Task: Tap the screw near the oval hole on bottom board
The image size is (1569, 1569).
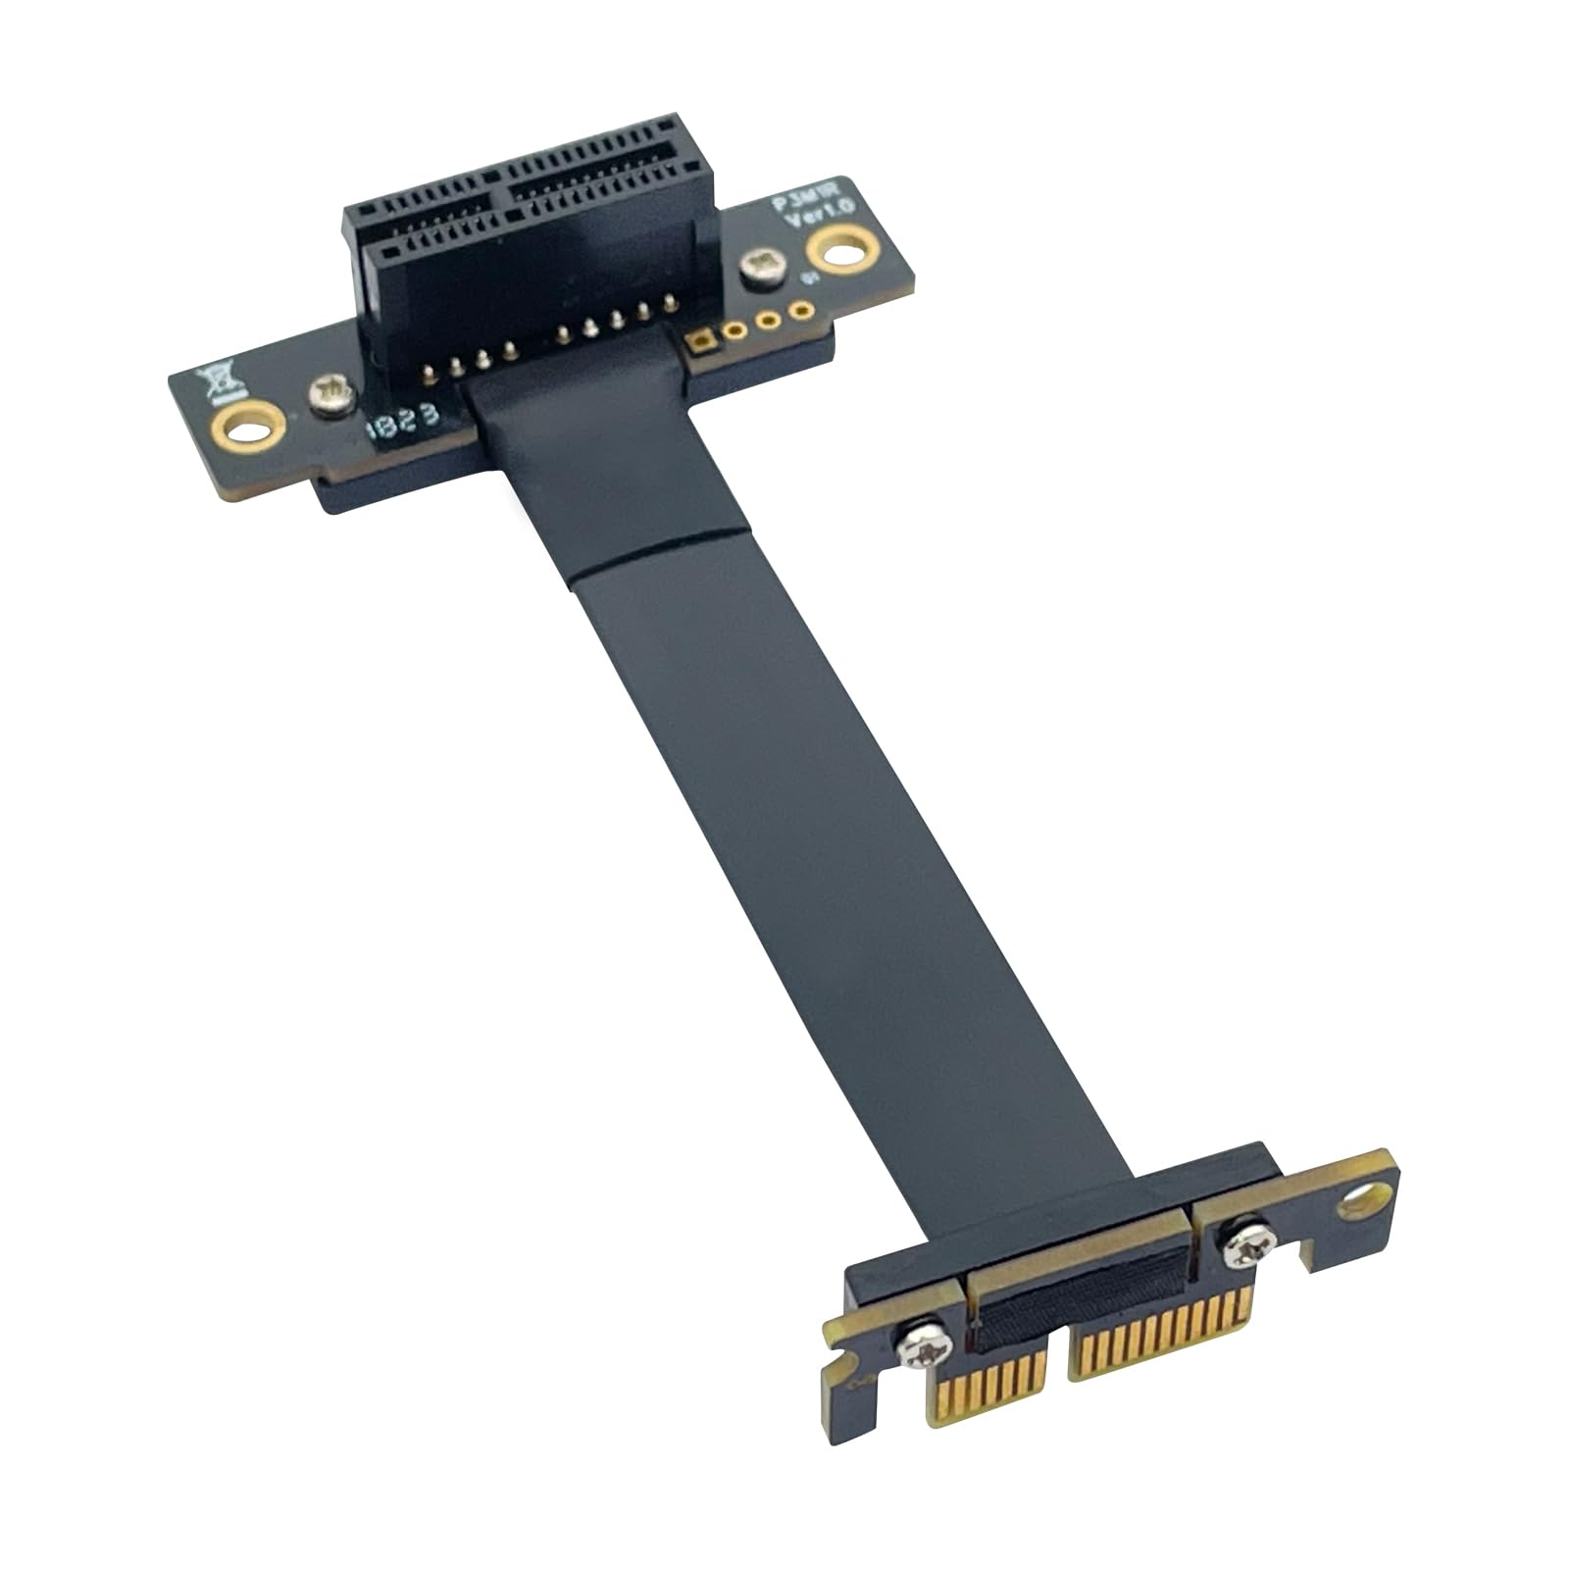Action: pyautogui.click(x=1240, y=1240)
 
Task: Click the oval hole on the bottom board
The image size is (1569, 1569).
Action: pyautogui.click(x=1365, y=1197)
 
